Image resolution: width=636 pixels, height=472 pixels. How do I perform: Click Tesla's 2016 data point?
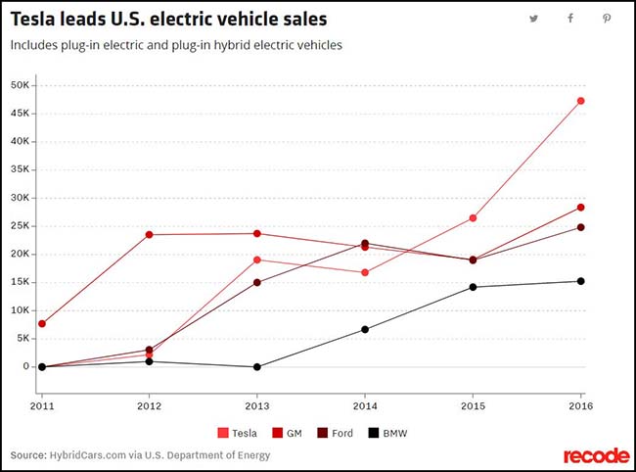(581, 101)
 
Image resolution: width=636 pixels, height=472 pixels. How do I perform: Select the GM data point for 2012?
(150, 234)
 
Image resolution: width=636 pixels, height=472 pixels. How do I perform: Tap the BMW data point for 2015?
(474, 287)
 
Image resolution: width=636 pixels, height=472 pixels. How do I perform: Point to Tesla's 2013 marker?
(257, 260)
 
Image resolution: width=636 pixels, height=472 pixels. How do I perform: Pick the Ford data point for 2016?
(581, 227)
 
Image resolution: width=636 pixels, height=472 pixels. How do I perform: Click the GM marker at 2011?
(42, 323)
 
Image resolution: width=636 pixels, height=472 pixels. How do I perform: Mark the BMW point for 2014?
(365, 329)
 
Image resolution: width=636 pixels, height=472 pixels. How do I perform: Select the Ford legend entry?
(336, 432)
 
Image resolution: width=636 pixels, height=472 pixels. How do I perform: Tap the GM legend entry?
(287, 432)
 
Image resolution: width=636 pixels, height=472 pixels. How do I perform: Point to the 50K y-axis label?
(20, 85)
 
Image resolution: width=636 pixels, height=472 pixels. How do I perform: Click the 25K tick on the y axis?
(20, 226)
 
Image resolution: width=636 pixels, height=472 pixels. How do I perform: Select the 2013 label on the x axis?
(257, 403)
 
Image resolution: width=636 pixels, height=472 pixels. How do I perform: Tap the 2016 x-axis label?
(581, 403)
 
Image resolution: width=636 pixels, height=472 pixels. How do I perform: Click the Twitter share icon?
(534, 19)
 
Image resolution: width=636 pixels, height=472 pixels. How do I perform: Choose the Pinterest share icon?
(607, 19)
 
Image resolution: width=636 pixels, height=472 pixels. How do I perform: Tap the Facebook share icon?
(570, 19)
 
